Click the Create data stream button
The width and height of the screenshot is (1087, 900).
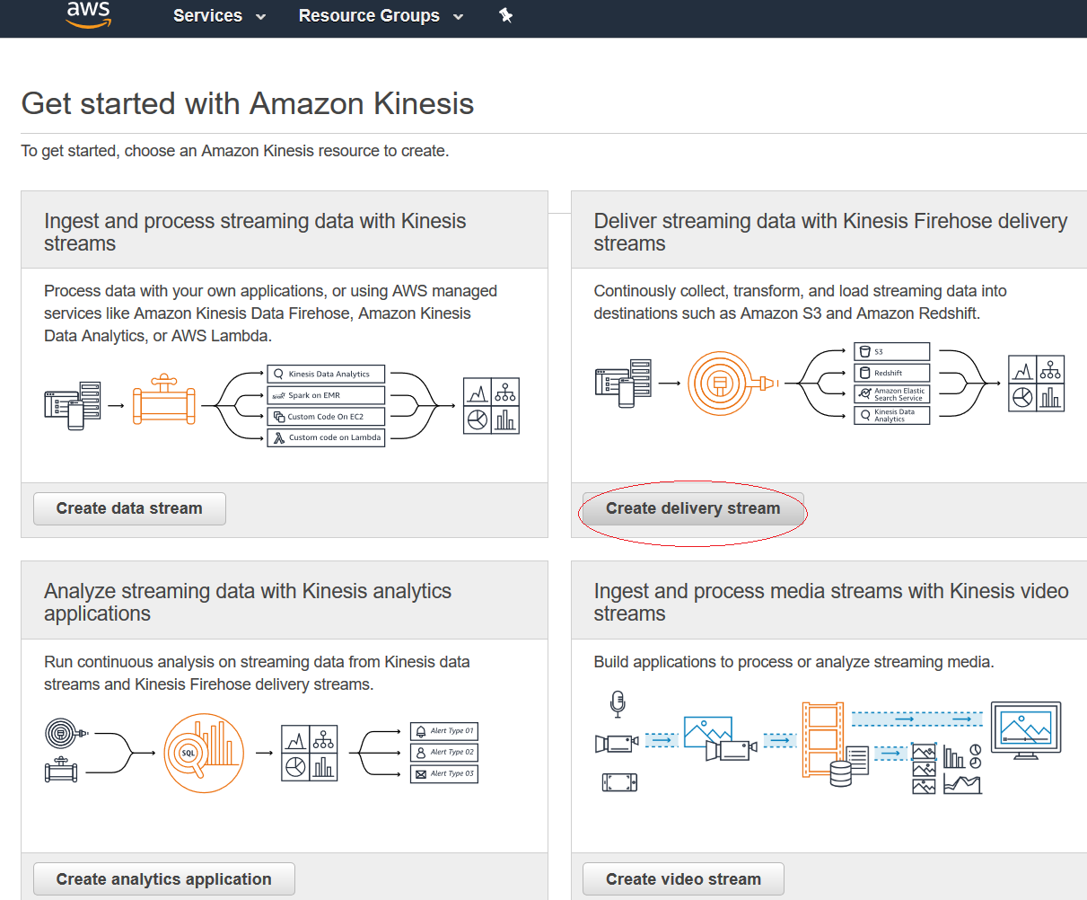coord(129,508)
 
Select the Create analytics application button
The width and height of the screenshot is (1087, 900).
coord(163,879)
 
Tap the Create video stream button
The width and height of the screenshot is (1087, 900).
coord(683,879)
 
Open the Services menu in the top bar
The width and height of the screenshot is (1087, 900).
coord(219,16)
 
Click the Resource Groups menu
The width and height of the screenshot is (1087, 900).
coord(381,16)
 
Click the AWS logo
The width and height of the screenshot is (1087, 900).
coord(89,14)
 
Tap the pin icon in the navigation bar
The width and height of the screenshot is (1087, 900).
coord(506,15)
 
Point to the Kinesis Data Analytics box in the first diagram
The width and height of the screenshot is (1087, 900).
coord(326,374)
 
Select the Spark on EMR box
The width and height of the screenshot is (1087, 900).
coord(326,395)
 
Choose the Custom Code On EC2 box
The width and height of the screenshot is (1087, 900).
coord(326,417)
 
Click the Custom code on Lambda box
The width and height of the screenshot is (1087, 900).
coord(326,438)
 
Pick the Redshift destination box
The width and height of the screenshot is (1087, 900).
coord(891,373)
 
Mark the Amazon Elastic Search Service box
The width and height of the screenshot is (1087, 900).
coord(891,393)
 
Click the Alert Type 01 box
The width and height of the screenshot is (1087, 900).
coord(444,731)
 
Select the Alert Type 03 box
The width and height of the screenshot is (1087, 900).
coord(444,773)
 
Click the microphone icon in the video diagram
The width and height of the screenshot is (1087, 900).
coord(617,704)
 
